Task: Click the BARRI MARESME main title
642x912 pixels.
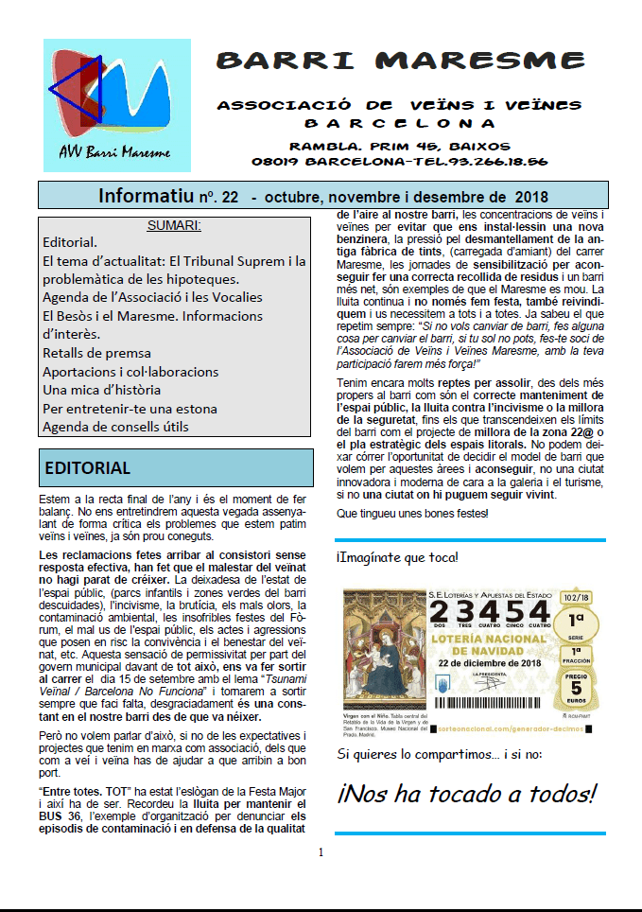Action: point(400,61)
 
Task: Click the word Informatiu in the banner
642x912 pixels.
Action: point(146,197)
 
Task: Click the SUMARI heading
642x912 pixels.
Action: point(175,225)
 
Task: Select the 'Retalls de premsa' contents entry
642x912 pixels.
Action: point(96,353)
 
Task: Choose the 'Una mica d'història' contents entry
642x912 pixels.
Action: point(102,390)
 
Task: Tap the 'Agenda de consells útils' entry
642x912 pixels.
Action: point(115,427)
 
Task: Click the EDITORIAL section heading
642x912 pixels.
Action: point(88,468)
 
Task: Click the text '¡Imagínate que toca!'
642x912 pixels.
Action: point(397,557)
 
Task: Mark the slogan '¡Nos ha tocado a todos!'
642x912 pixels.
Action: point(467,793)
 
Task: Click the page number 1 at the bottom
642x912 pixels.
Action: point(321,852)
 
